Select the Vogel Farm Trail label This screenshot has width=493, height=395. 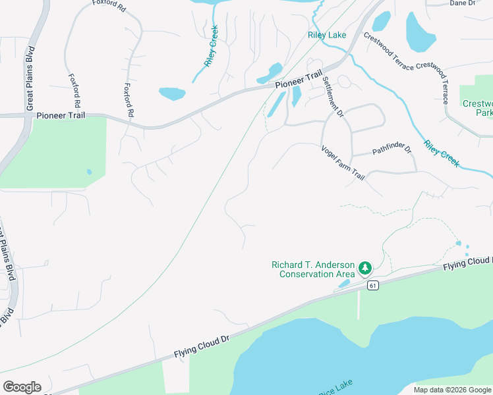(343, 164)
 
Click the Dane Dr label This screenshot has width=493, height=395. (462, 3)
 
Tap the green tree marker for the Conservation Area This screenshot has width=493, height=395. (365, 269)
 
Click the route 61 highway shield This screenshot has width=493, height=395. (373, 285)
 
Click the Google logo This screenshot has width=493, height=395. (22, 387)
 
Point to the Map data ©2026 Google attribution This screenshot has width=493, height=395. (451, 390)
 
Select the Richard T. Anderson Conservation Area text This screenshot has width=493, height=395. (313, 269)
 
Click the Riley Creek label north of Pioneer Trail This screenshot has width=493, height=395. (211, 46)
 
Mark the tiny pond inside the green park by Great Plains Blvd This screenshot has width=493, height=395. (89, 172)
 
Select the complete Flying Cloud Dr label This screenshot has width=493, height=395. (201, 346)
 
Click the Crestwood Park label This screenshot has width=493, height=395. (477, 108)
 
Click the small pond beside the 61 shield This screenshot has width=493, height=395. (344, 284)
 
